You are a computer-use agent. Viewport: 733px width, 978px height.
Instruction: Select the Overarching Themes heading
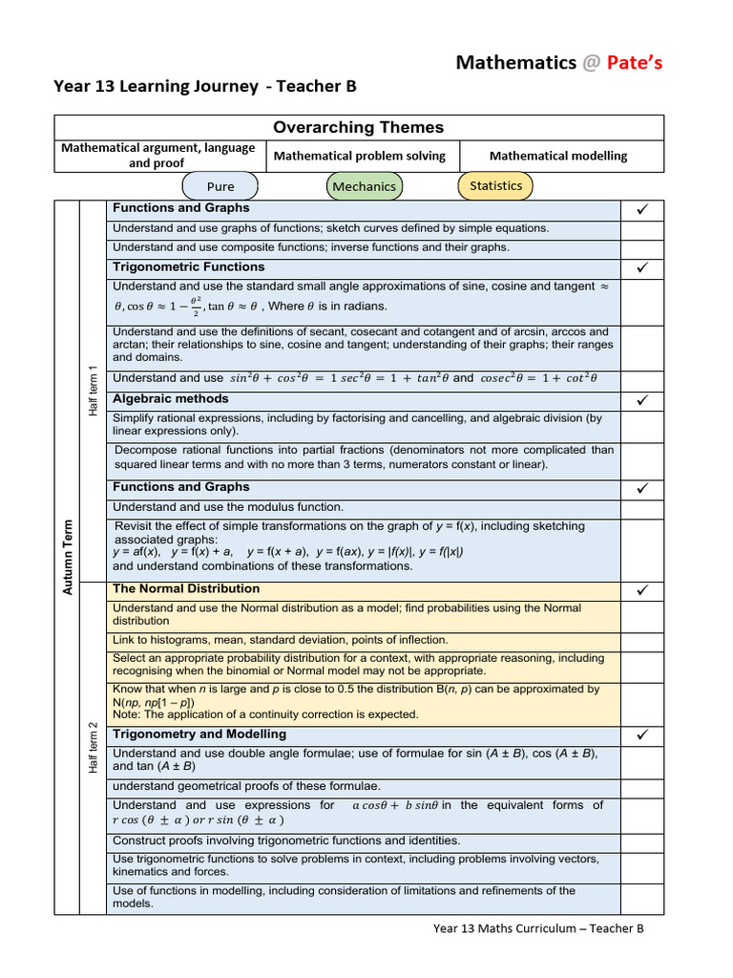[358, 128]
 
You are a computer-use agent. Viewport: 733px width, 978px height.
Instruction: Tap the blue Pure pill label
[220, 186]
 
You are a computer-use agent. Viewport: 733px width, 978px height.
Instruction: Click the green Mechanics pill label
[364, 186]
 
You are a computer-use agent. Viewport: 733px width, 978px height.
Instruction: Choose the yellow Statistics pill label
[496, 185]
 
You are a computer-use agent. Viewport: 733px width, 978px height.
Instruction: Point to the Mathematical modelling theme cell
[558, 156]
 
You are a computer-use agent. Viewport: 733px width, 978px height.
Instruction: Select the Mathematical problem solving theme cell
[359, 156]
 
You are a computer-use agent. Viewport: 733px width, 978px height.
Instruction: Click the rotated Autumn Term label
[68, 557]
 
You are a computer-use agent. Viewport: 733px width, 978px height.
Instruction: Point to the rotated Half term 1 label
[93, 391]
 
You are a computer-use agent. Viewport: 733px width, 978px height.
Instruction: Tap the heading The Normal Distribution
[186, 588]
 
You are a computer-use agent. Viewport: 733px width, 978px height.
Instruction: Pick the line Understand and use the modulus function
[228, 507]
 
